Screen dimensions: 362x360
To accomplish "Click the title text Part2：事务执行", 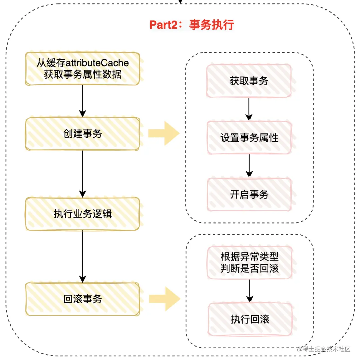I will point(191,25).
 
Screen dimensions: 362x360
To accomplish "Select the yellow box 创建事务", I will point(82,134).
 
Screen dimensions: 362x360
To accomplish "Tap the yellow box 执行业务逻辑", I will point(82,214).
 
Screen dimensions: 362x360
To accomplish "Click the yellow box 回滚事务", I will point(82,299).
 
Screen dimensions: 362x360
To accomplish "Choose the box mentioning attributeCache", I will point(82,69).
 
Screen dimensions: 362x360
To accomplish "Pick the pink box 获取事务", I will point(249,81).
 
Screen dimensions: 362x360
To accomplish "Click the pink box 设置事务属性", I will point(249,138).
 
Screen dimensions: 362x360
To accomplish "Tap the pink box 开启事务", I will point(249,194).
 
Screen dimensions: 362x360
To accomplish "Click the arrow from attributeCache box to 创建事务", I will point(82,101).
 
